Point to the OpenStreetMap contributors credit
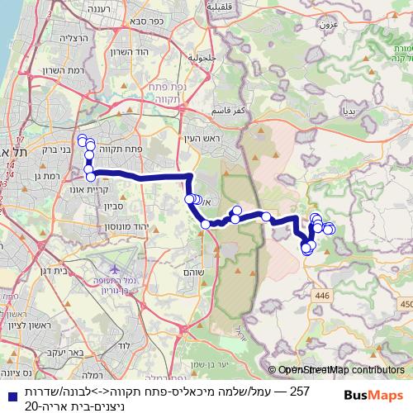(341, 370)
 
